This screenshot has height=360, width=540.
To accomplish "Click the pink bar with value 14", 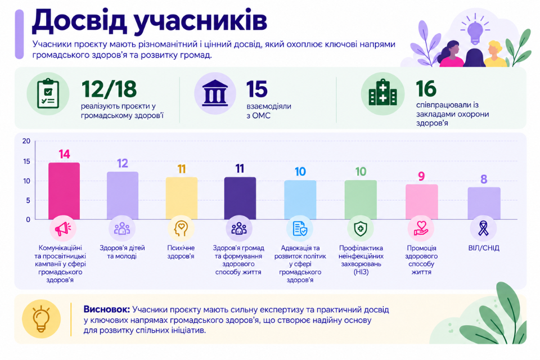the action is tap(64, 191).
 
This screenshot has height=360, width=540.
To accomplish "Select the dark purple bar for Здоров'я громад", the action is tap(240, 198).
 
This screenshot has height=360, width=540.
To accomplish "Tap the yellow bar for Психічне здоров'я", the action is tap(182, 198).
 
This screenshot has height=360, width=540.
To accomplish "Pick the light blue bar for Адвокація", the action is tap(300, 200).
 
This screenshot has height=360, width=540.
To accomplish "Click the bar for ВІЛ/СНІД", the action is tap(484, 203).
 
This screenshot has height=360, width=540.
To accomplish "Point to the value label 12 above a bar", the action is tap(123, 163).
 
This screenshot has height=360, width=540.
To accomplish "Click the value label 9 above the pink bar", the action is tap(421, 177).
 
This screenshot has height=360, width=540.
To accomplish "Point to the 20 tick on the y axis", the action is tap(26, 141).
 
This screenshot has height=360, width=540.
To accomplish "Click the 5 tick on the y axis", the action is tap(28, 200).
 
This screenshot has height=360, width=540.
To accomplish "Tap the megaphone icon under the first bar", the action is tap(62, 228).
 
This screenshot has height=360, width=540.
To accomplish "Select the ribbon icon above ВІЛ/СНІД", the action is tap(484, 228).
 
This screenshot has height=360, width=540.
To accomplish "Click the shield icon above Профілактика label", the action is tap(361, 229).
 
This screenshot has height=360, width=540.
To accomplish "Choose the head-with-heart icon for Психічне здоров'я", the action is tap(181, 228).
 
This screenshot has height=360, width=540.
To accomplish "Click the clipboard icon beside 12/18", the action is tap(48, 93).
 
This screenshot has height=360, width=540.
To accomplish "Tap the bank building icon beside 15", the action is tap(215, 93).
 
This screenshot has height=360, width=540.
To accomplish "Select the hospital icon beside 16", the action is tap(382, 93).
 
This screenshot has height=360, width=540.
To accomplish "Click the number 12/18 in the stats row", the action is tap(109, 89).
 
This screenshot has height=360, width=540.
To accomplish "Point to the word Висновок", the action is tap(107, 309).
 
